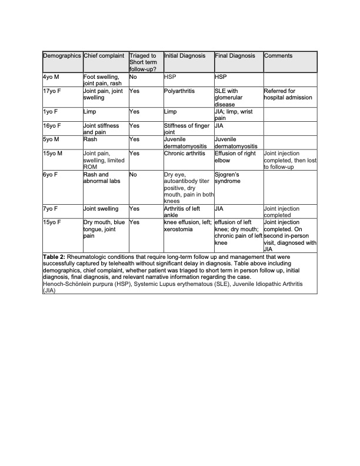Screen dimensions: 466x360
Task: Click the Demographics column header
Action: coord(62,56)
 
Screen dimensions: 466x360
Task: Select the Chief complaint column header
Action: coord(104,56)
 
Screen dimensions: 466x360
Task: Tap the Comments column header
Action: coord(278,56)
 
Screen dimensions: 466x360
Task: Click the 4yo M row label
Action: coord(52,77)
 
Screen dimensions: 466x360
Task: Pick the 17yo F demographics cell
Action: coord(54,92)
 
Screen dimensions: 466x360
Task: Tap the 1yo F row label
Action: coord(52,111)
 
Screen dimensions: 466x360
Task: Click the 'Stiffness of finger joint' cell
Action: coord(186,129)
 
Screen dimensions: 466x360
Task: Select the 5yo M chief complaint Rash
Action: coord(90,140)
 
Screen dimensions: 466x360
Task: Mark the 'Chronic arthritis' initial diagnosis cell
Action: coord(185,154)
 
